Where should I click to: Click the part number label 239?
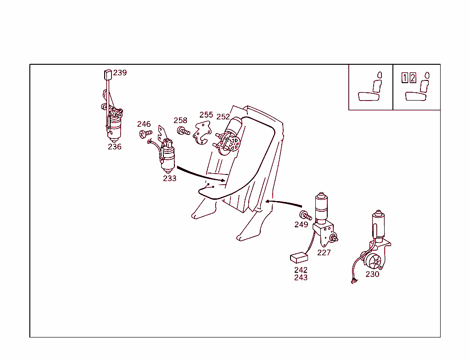point(120,73)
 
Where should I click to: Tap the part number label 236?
point(115,146)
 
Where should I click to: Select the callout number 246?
point(144,124)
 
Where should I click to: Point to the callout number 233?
point(169,178)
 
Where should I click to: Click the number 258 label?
point(180,120)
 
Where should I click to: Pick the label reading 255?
point(206,115)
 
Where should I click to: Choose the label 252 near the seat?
point(223,117)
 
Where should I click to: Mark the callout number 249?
point(301,225)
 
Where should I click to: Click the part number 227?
point(324,252)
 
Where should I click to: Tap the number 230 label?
point(372,274)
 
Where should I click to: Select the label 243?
point(301,277)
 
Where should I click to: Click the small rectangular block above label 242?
point(299,258)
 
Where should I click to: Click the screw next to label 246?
point(145,134)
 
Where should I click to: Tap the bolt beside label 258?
point(183,131)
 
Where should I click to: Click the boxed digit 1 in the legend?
point(404,78)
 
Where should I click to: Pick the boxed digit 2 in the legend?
point(413,78)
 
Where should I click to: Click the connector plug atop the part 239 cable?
point(107,74)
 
